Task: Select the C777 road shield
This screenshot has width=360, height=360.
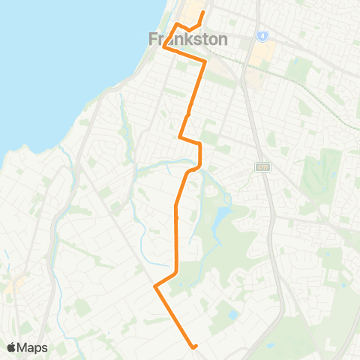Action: [x=262, y=166]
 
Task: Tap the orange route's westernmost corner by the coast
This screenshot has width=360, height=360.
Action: [x=164, y=46]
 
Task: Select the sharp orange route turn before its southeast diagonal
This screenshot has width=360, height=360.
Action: [x=155, y=286]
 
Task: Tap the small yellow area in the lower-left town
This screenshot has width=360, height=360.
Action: [x=15, y=284]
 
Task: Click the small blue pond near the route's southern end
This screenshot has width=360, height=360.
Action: [x=232, y=315]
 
